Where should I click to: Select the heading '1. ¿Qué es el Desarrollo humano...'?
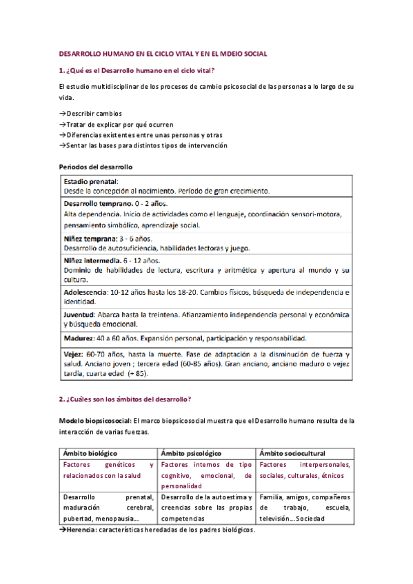[137, 70]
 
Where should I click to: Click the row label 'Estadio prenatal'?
[90, 181]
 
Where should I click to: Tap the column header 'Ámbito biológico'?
[90, 453]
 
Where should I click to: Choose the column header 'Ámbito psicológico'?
[190, 453]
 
